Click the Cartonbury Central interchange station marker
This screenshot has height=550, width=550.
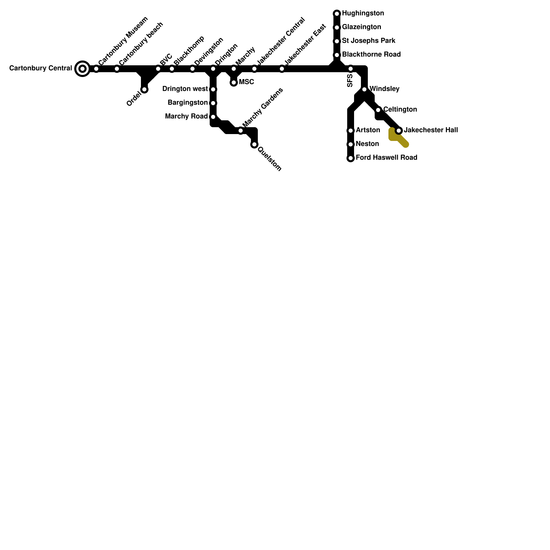(x=82, y=69)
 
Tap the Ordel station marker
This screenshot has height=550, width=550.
(x=144, y=90)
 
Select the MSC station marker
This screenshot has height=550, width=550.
(x=234, y=82)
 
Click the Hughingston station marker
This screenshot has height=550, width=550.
(x=337, y=14)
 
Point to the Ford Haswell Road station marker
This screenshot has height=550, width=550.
(x=351, y=158)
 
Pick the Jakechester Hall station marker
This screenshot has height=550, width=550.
(x=399, y=131)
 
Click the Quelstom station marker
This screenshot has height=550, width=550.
(x=254, y=144)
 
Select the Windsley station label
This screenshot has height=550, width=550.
(x=384, y=89)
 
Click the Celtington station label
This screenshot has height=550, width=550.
(x=400, y=110)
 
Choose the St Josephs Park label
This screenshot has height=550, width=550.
(x=368, y=41)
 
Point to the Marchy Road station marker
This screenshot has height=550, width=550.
(x=213, y=117)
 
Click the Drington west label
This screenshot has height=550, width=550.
(x=185, y=89)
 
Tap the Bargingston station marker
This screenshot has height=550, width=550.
(x=213, y=103)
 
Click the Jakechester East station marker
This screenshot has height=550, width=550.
(x=282, y=69)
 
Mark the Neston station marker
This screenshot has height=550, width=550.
(x=351, y=144)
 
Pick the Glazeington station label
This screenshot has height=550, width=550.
(x=361, y=27)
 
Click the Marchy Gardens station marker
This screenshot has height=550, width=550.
(x=241, y=131)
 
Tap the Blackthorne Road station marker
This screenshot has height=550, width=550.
(x=337, y=55)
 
